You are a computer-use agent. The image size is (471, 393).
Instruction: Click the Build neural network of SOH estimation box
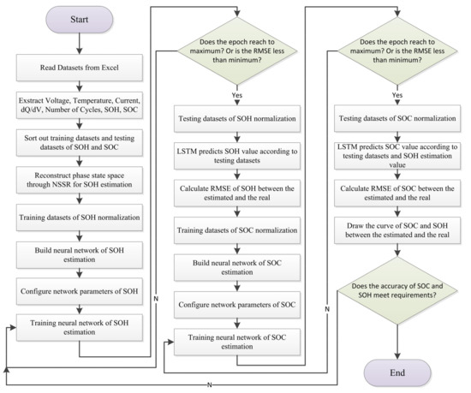click(x=78, y=255)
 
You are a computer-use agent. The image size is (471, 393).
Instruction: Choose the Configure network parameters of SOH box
click(x=78, y=290)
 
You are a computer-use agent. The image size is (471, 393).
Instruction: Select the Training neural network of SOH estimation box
click(x=78, y=326)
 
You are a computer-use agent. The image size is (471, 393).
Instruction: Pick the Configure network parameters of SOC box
click(x=236, y=303)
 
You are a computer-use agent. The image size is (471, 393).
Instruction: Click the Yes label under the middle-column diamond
click(x=236, y=97)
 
